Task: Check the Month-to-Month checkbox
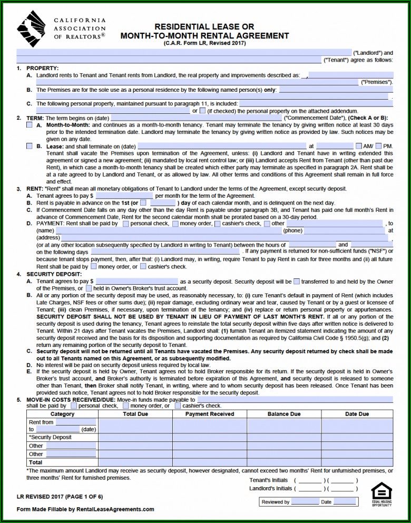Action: pyautogui.click(x=30, y=125)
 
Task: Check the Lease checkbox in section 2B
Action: pyautogui.click(x=30, y=146)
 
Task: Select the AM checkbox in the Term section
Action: pyautogui.click(x=359, y=146)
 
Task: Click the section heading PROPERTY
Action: pyautogui.click(x=42, y=69)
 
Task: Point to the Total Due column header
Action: pyautogui.click(x=135, y=414)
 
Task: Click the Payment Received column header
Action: pyautogui.click(x=210, y=414)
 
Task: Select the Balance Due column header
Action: pyautogui.click(x=284, y=414)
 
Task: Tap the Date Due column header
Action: pyautogui.click(x=357, y=414)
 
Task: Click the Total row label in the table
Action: pyautogui.click(x=36, y=462)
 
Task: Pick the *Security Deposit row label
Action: pyautogui.click(x=50, y=438)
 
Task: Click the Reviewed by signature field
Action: pyautogui.click(x=305, y=502)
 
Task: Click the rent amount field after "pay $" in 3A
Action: pyautogui.click(x=124, y=196)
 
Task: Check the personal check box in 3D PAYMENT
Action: pyautogui.click(x=125, y=224)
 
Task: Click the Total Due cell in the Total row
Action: pyautogui.click(x=135, y=462)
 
